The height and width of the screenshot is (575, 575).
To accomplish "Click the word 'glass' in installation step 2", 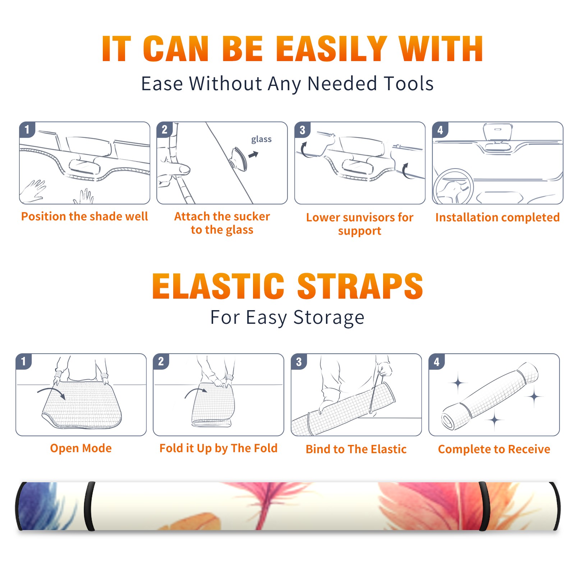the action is point(261,139).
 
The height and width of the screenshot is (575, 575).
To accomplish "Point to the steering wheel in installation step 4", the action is point(453,187).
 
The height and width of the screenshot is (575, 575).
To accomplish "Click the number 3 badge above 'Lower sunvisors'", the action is point(302,130).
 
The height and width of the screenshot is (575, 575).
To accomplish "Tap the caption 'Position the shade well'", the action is point(84,216).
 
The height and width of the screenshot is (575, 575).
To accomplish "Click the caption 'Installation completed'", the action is point(497,217).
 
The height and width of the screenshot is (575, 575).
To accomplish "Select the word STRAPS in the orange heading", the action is point(360,286).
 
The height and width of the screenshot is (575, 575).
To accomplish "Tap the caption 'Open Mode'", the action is point(81,448).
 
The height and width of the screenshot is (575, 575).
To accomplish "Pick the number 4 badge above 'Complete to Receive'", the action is point(437,362).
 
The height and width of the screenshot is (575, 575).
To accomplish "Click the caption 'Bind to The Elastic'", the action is point(356,449).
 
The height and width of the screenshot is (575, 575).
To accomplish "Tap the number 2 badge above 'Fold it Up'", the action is point(161,362).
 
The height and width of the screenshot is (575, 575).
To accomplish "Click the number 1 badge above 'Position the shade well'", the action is point(27,130).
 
